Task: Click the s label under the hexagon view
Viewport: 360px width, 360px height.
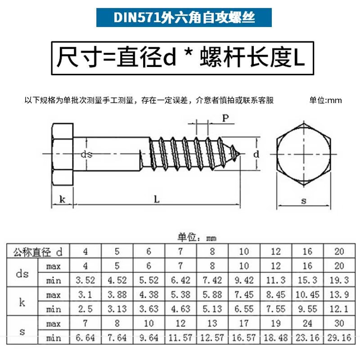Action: click(304, 201)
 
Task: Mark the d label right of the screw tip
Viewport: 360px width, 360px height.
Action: click(256, 154)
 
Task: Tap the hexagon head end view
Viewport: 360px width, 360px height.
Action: click(304, 154)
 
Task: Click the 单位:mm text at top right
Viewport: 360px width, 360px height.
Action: click(325, 100)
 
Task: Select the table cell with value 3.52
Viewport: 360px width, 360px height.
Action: click(85, 280)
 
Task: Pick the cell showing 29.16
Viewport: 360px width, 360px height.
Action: click(339, 338)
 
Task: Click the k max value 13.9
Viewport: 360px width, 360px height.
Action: click(339, 295)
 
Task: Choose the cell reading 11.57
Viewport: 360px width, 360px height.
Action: click(180, 338)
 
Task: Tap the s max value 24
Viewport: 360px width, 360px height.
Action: click(307, 324)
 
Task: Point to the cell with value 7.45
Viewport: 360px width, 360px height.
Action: click(244, 295)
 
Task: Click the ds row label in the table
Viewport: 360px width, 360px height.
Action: click(22, 273)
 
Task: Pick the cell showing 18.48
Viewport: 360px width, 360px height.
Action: click(276, 338)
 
